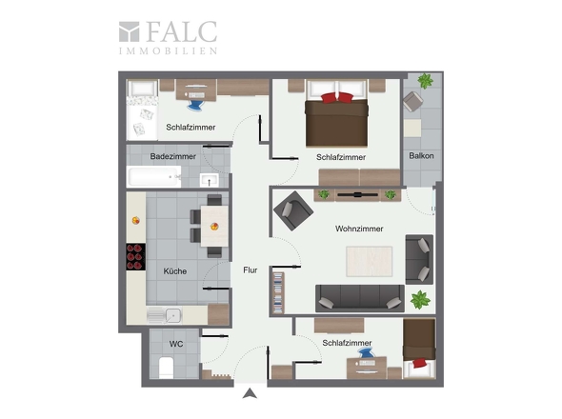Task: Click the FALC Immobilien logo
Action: [168, 38]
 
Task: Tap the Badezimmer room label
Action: [172, 156]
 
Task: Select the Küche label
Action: [175, 271]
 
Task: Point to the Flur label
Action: [251, 269]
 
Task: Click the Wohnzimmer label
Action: [359, 229]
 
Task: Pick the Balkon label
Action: [421, 156]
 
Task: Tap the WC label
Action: [176, 344]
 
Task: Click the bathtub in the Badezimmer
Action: [154, 177]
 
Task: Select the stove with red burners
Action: [136, 256]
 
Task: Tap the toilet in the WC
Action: [166, 367]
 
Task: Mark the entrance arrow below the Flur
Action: [250, 393]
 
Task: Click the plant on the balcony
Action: [425, 81]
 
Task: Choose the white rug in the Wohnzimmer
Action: [370, 261]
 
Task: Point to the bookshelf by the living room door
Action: [278, 293]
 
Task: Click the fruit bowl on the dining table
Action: [214, 227]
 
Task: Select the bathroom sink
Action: [210, 180]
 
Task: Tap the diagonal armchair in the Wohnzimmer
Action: [293, 210]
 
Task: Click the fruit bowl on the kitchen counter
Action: [136, 220]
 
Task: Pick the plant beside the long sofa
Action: [420, 300]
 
